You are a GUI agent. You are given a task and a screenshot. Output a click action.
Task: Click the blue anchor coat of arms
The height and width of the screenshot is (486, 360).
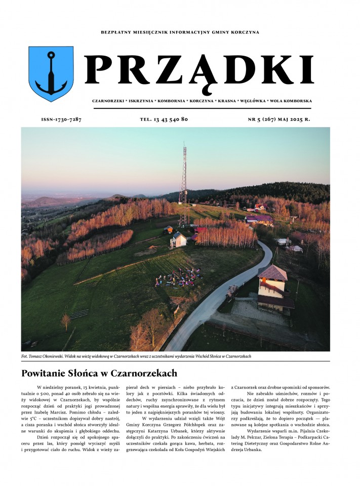(51, 73)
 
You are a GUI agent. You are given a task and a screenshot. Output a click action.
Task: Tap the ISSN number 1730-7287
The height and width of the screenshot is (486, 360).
(61, 119)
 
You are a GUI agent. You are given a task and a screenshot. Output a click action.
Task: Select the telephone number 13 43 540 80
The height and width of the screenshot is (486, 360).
(164, 119)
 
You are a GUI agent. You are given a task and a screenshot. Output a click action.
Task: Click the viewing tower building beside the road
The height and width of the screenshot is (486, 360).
(273, 289)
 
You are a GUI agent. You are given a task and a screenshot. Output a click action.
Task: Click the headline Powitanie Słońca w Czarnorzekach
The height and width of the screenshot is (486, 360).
(99, 374)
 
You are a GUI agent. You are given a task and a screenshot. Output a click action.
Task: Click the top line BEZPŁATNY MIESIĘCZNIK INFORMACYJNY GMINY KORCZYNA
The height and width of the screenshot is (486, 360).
(180, 32)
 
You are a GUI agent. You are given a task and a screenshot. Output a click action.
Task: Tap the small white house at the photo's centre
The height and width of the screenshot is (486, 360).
(178, 239)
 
